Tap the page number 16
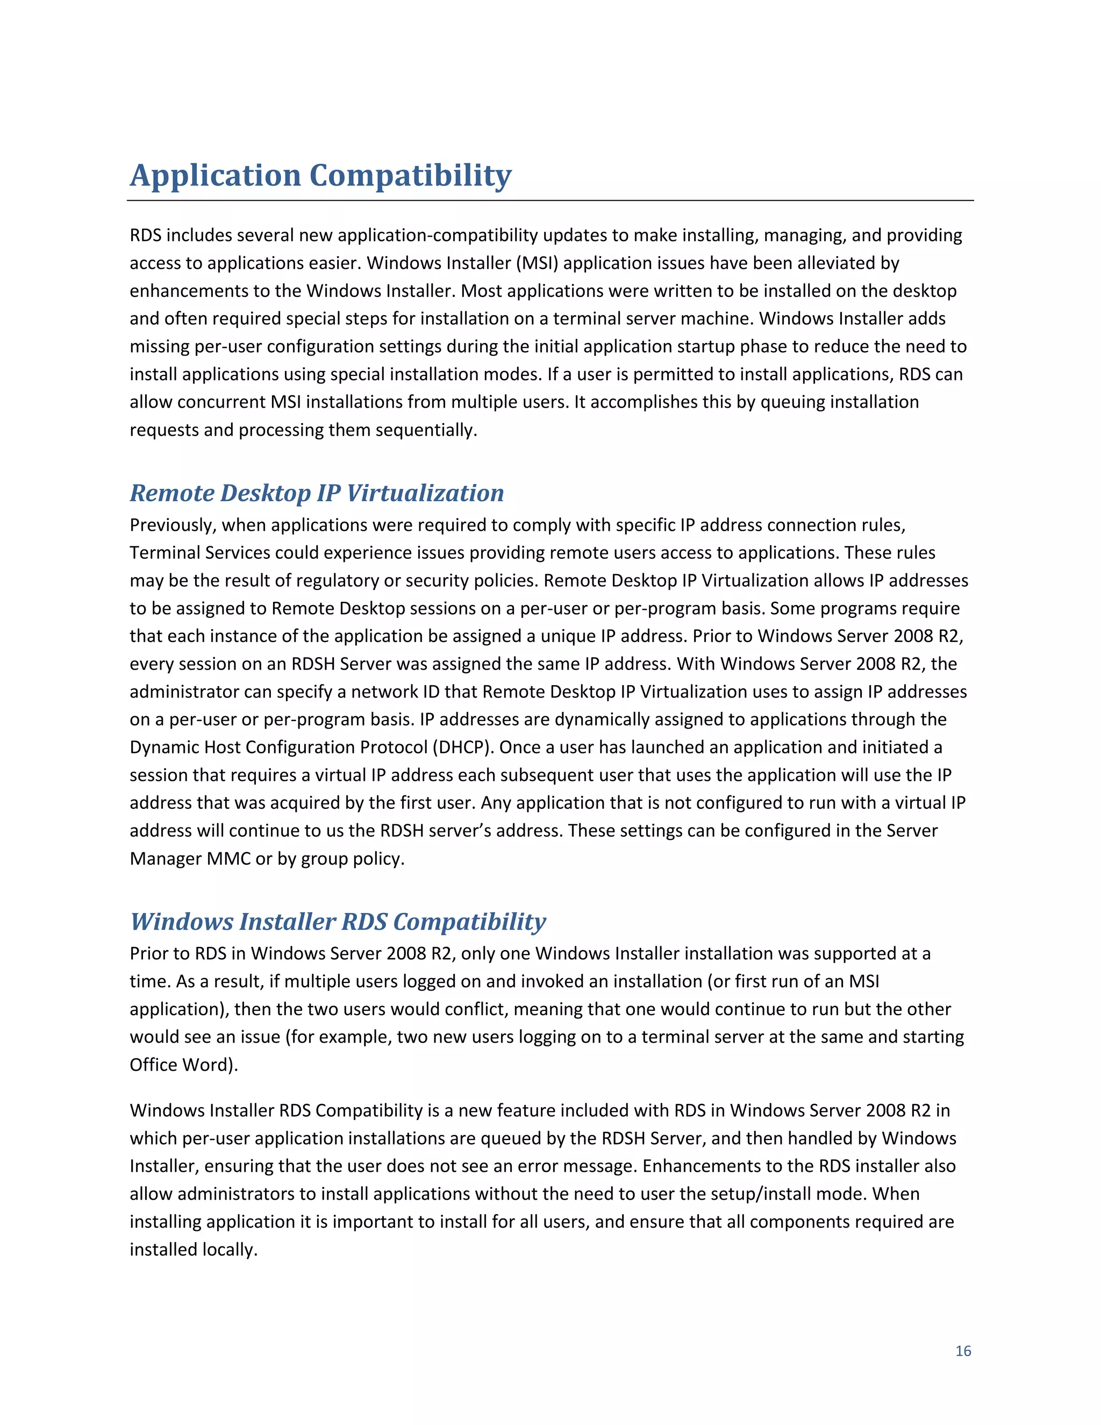(963, 1351)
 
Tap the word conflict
(475, 1009)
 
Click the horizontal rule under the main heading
(550, 201)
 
